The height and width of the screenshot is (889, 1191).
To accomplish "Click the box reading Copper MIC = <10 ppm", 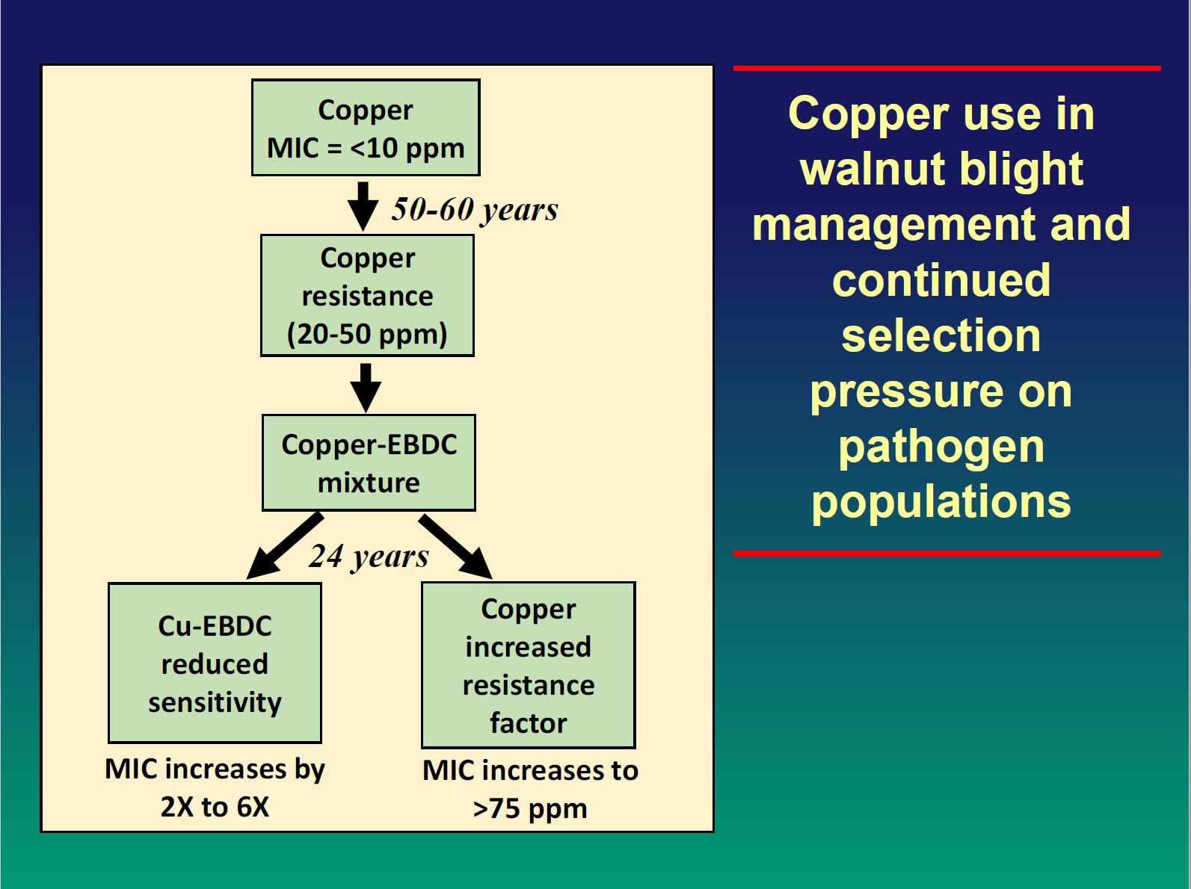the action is [366, 128].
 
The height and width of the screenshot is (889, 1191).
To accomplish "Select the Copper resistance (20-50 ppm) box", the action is [367, 295].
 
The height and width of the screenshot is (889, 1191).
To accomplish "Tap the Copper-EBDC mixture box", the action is [369, 463].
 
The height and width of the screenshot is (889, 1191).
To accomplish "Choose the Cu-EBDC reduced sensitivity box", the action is [215, 663].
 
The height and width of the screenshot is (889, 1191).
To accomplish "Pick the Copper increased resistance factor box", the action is [529, 665].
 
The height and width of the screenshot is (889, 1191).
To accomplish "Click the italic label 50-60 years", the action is [476, 209].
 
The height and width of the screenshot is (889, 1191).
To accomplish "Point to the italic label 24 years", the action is [369, 556].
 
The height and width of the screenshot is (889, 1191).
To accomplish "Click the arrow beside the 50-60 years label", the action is [363, 206].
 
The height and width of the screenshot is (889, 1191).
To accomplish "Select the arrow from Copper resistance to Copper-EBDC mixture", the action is [366, 388].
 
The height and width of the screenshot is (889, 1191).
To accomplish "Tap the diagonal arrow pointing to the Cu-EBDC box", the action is [285, 546].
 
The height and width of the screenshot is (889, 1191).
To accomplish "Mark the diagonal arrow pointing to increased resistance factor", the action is [456, 546].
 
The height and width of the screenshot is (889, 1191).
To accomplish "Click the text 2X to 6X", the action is [215, 807].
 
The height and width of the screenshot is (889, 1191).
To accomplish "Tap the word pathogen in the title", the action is [941, 449].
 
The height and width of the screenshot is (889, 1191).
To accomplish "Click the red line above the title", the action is [947, 68].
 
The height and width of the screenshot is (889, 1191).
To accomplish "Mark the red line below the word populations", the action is [947, 554].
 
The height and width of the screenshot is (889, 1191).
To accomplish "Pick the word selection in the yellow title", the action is [941, 335].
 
